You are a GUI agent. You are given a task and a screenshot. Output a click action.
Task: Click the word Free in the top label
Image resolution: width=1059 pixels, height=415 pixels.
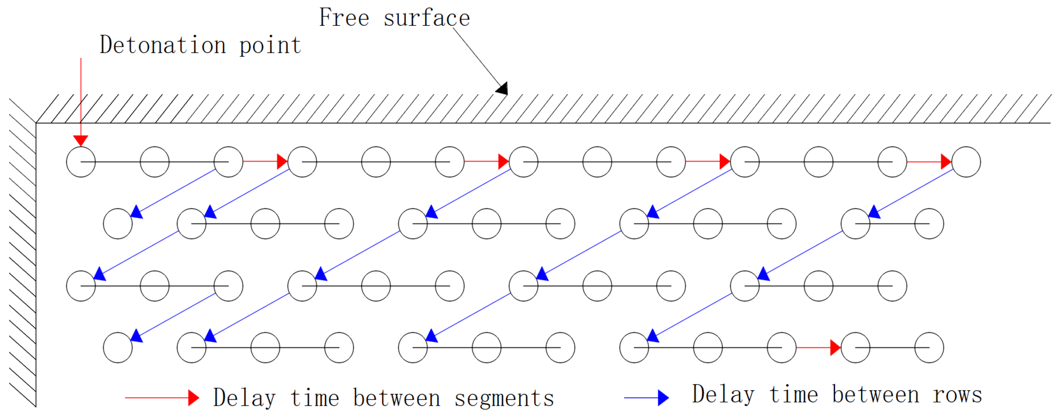344,18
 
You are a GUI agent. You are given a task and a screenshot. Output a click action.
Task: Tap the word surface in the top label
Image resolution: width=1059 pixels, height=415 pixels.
427,18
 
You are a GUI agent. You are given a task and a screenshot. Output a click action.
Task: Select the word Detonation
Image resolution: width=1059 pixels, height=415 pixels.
163,45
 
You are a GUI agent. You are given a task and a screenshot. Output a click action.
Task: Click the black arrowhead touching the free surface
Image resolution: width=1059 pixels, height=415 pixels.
502,88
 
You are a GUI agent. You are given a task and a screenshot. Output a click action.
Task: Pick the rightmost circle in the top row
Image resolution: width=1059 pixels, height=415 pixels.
966,162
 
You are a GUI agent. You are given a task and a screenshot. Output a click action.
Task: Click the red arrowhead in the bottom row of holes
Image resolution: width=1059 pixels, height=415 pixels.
835,348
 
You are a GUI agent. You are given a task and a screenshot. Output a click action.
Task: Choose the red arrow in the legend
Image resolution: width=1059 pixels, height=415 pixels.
162,398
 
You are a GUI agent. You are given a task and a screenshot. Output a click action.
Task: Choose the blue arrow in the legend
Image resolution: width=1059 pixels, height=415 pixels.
647,398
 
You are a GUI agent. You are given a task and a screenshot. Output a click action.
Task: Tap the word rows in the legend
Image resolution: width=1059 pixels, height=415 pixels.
957,395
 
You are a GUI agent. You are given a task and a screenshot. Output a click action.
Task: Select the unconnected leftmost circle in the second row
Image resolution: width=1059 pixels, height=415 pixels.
118,224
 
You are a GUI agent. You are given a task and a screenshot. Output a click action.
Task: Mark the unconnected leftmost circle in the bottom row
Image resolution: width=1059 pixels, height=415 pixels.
118,348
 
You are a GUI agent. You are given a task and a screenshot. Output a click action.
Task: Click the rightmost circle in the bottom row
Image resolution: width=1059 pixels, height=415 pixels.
929,348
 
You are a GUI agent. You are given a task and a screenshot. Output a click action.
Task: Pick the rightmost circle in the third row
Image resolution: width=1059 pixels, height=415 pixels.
892,286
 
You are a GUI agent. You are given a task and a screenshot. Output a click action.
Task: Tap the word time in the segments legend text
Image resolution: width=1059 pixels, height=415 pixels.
315,398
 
